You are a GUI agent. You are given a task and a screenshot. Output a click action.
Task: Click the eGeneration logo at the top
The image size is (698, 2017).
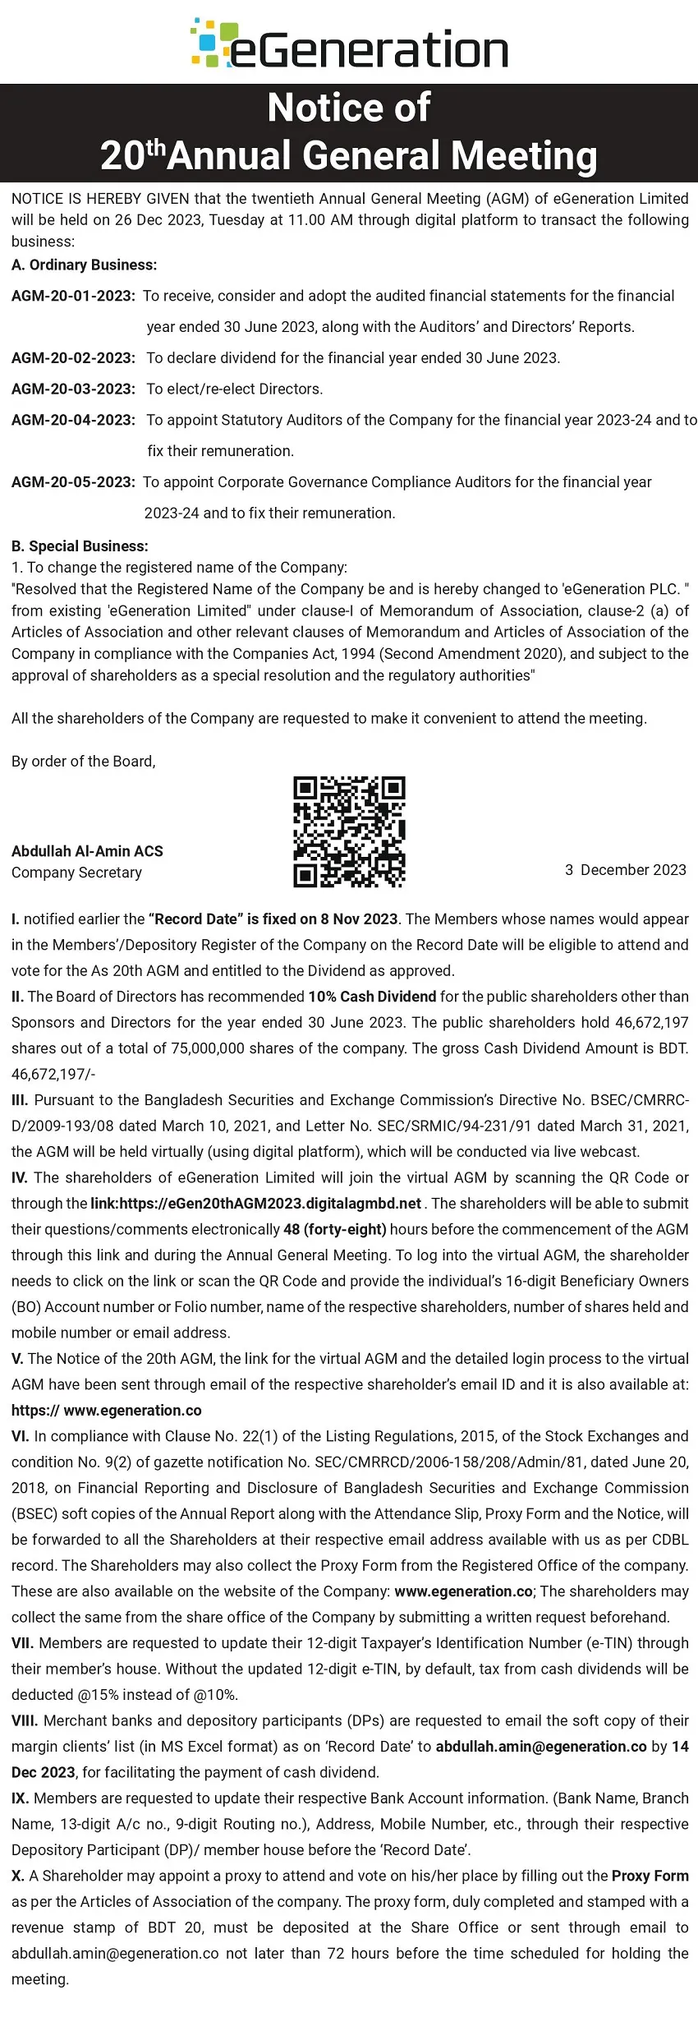pos(349,46)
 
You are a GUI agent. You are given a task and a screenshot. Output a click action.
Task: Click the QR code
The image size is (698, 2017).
pos(349,831)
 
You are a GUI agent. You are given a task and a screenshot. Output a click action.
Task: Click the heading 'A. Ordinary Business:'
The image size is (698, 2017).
pos(84,265)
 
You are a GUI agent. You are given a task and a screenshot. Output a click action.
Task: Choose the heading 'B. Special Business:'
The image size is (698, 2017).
pos(80,546)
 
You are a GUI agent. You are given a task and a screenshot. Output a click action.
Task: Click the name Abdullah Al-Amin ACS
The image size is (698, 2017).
pos(87,851)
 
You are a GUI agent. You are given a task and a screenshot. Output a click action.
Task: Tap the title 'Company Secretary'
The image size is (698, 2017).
pos(76,873)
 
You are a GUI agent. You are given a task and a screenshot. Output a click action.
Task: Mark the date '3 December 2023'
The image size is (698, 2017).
pos(625,870)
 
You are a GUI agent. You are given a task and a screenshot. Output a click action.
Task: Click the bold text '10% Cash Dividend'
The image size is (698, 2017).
pos(372,997)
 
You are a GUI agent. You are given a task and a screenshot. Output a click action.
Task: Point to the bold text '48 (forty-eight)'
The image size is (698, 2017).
pos(334,1229)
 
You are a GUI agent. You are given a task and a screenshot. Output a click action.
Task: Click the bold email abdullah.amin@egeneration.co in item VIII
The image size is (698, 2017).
pos(541,1746)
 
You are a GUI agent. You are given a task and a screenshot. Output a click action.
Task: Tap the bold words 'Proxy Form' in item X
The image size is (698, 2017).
pos(650,1876)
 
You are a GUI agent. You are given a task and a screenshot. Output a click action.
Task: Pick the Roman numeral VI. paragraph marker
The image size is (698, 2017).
pos(21,1436)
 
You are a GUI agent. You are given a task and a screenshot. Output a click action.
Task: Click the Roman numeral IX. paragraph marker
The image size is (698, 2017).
pos(21,1798)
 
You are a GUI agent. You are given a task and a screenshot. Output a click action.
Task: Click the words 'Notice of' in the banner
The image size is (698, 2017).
pos(349,108)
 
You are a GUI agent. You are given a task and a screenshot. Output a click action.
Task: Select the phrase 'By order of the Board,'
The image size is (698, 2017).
pos(84,761)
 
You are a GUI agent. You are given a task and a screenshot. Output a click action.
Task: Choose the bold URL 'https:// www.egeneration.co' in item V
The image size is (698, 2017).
pos(107,1410)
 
